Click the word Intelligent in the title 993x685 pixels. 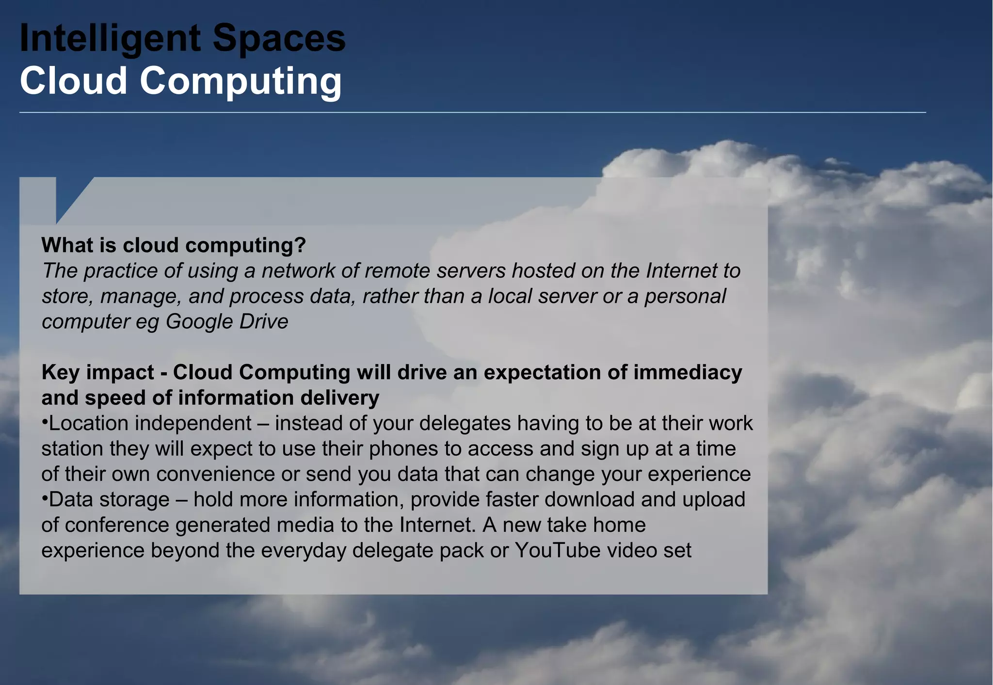110,39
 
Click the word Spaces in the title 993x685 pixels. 279,39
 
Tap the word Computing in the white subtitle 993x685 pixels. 240,81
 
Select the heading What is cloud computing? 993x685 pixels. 174,245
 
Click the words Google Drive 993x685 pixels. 227,322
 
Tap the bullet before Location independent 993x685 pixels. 45,422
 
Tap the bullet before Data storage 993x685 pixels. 45,498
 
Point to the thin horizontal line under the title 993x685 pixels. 472,112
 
